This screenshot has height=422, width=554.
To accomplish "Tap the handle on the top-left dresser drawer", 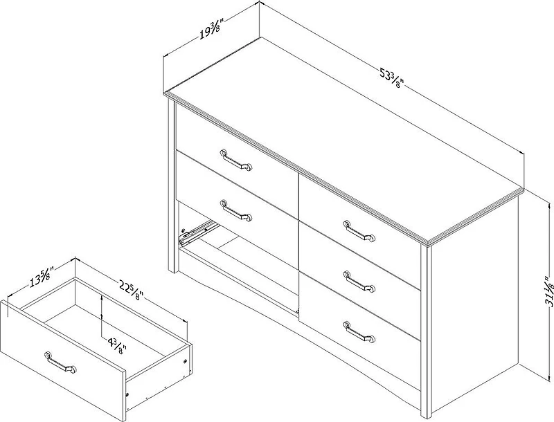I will point(236,159).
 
